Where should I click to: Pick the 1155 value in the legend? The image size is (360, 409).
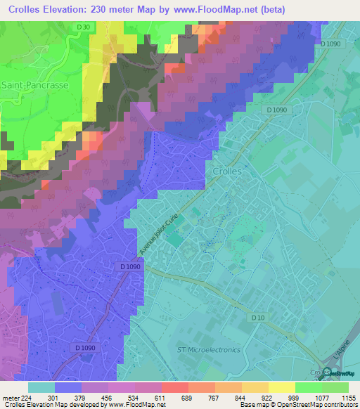(349, 397)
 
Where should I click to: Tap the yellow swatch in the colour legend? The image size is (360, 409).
(281, 387)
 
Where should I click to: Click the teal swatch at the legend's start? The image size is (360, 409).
(41, 387)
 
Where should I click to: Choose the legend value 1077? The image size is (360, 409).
(322, 397)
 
